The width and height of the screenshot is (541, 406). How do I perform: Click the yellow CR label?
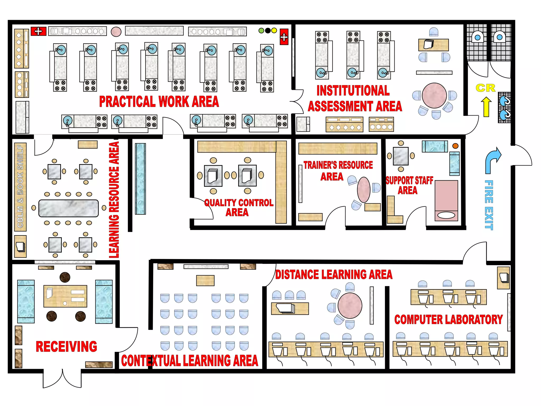click(485, 88)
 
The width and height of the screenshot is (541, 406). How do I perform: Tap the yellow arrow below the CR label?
click(486, 107)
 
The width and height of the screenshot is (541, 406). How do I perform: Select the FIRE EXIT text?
click(489, 205)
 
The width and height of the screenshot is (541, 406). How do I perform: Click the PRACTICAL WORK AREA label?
click(159, 102)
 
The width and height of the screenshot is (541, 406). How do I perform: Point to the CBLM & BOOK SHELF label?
click(20, 186)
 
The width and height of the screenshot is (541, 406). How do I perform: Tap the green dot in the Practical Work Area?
click(261, 31)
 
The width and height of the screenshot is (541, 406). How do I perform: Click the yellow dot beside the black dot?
click(274, 31)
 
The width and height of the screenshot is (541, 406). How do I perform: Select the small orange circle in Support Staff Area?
click(455, 146)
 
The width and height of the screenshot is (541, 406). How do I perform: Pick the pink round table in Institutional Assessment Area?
click(434, 95)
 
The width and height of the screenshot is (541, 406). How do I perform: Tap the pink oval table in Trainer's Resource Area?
click(364, 190)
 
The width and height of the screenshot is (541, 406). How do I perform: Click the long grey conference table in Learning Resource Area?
click(68, 208)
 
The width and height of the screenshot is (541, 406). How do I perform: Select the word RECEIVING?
click(66, 347)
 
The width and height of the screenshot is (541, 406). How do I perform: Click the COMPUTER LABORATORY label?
click(449, 320)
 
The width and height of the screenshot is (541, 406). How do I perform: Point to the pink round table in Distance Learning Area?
click(350, 306)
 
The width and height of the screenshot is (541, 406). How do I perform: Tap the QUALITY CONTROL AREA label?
click(239, 207)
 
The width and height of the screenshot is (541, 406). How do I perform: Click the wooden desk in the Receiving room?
click(65, 296)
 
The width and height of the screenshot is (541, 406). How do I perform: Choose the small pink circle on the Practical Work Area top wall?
click(116, 32)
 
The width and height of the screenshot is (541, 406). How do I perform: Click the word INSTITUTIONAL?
click(353, 91)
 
